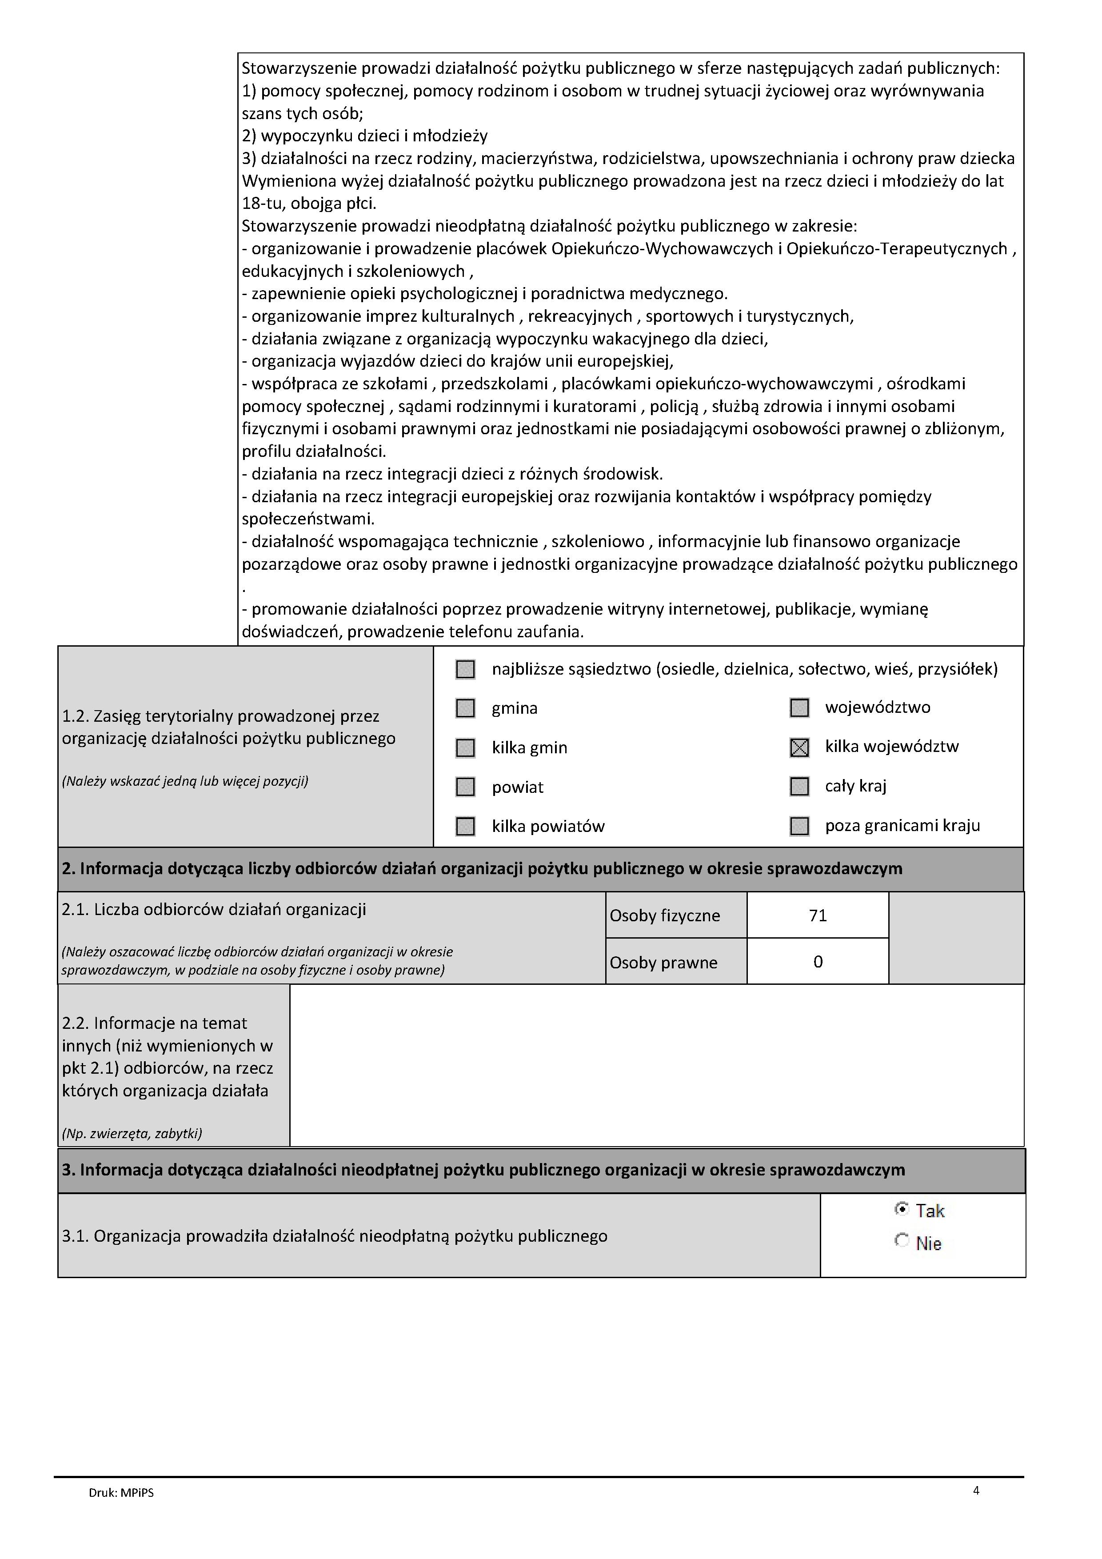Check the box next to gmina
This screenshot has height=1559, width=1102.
coord(465,708)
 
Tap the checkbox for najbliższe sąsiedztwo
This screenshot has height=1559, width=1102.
coord(465,669)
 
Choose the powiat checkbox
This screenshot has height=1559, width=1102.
coord(465,787)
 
